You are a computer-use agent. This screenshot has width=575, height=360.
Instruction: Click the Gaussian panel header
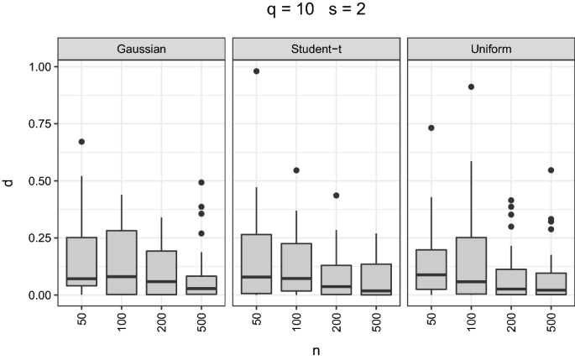[x=142, y=50]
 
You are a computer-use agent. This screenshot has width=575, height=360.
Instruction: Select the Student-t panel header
[x=316, y=50]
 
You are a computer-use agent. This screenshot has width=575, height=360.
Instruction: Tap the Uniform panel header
[x=491, y=50]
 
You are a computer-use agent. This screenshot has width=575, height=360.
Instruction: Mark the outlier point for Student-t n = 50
[x=256, y=71]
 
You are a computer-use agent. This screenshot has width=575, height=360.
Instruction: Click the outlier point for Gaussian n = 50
[x=81, y=142]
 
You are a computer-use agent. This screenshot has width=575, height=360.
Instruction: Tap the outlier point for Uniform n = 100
[x=471, y=86]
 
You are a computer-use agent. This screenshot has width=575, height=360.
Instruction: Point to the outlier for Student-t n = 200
[x=337, y=196]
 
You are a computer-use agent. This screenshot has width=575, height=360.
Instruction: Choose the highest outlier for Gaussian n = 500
[x=202, y=182]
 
